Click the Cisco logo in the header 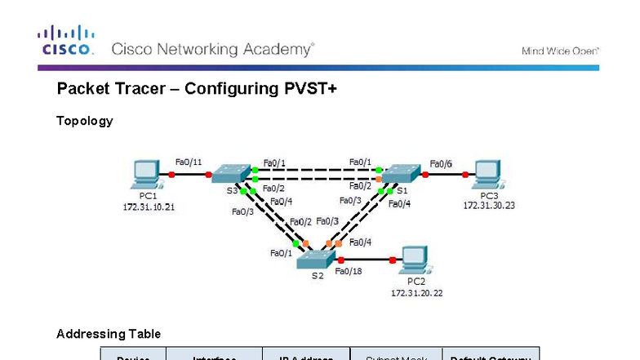point(65,40)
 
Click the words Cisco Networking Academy point(212,49)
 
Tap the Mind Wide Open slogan point(560,51)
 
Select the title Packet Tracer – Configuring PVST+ point(197,88)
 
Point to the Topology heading point(84,121)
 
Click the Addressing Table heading point(109,334)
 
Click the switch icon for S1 point(402,173)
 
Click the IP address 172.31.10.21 point(149,207)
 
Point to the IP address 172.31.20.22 point(416,292)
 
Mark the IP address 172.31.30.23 point(489,206)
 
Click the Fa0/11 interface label point(189,162)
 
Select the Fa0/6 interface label point(441,163)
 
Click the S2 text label point(318,276)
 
